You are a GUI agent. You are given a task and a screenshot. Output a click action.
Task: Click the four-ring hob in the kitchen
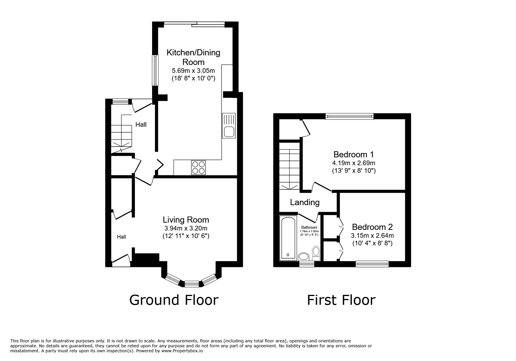(198, 168)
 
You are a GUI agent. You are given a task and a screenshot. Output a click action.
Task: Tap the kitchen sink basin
(229, 132)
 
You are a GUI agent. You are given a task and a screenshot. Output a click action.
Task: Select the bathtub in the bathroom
(288, 238)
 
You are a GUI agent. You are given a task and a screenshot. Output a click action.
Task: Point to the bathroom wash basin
(304, 257)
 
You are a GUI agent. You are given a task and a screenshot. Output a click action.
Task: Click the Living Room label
(186, 220)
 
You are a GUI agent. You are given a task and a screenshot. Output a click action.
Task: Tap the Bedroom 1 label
(353, 154)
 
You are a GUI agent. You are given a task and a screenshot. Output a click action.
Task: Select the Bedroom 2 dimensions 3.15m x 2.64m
(372, 235)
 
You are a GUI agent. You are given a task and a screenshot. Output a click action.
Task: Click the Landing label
(305, 202)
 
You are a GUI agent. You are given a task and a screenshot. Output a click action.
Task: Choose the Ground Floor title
(174, 300)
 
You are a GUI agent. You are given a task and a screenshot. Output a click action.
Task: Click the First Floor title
(341, 300)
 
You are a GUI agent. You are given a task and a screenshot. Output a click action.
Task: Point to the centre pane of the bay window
(191, 283)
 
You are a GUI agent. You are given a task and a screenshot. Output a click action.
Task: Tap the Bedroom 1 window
(349, 117)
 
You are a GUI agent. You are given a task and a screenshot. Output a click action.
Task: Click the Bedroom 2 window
(372, 264)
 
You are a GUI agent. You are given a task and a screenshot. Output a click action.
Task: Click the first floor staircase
(289, 166)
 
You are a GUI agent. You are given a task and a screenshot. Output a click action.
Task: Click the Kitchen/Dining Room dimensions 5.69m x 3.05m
(193, 71)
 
